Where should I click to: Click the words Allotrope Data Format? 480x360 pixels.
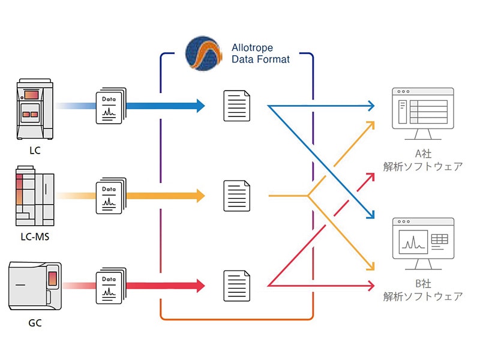pos(261,54)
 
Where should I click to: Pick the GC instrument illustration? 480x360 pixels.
pos(35,286)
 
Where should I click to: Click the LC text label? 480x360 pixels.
pos(35,151)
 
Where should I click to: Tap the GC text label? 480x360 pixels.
pos(35,325)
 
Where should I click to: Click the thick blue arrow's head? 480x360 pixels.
pos(199,106)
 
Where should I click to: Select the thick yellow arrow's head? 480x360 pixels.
pos(199,196)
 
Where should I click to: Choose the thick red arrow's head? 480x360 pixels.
pos(199,284)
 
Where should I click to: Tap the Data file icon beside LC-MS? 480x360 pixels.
pos(111,196)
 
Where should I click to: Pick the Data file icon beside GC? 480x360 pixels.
pos(111,284)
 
